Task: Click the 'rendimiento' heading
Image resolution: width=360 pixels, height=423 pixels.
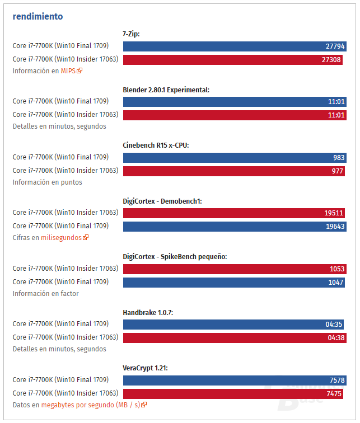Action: pos(38,16)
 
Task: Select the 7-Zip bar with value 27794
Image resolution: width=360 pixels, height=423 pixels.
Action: pos(234,46)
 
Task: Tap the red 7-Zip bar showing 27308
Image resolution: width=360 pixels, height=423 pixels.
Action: pos(233,59)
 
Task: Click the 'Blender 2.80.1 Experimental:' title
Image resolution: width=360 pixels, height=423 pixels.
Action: pos(166,90)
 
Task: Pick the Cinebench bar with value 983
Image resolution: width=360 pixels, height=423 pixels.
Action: pos(234,158)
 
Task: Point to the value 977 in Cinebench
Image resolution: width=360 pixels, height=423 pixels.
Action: pos(337,171)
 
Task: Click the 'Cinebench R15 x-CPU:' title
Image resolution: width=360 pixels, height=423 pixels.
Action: pos(156,145)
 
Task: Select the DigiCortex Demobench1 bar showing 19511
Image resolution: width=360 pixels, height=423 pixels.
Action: pos(233,213)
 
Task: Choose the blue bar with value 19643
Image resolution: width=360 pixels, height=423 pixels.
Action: pos(234,227)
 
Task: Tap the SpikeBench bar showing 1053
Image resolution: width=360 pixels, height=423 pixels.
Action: pos(233,269)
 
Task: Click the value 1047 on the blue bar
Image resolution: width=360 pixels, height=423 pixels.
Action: pos(336,283)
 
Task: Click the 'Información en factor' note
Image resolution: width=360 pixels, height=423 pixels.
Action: pos(46,294)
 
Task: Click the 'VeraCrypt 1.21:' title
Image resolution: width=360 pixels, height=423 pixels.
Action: pos(145,368)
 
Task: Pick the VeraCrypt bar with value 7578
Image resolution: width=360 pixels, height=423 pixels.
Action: pos(234,380)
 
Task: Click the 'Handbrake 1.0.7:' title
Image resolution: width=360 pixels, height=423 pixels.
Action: pos(148,312)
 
